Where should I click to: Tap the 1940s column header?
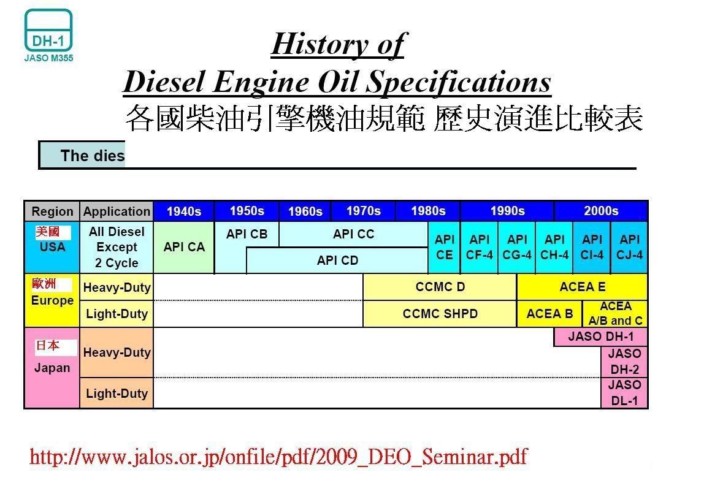184,211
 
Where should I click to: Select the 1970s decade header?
363,211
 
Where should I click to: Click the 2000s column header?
601,211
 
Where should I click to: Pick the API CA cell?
184,247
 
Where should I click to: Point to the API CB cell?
247,234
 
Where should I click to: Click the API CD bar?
337,261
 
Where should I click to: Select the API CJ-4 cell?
629,247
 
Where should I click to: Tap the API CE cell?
444,247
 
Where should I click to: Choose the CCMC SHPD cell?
440,314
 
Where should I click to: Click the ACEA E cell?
583,287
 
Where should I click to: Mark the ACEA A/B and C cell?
615,314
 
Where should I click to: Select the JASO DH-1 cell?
601,337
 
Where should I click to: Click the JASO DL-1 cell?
624,393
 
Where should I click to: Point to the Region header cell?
52,211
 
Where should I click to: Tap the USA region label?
52,247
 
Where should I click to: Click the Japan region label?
52,368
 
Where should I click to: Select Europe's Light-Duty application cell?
117,314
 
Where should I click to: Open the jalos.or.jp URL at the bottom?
278,457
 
